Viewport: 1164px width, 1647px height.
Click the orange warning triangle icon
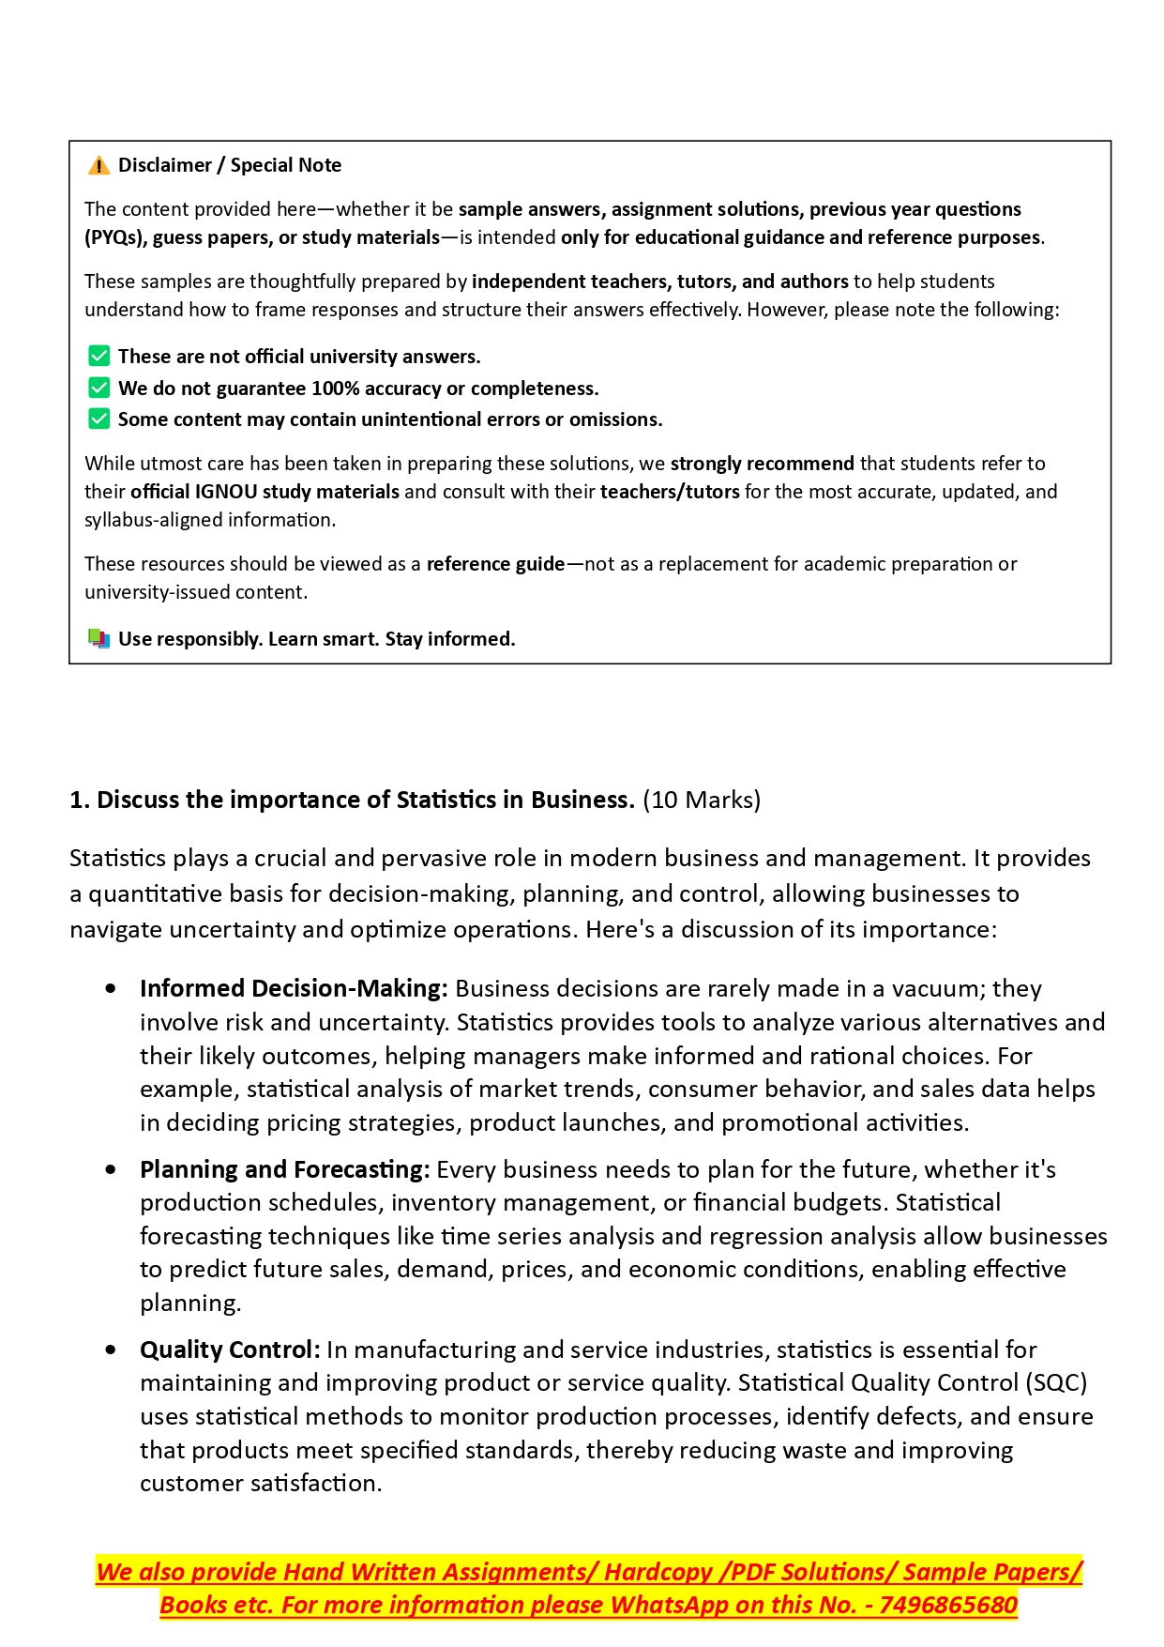[x=98, y=166]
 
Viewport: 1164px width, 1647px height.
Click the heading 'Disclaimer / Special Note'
[x=229, y=165]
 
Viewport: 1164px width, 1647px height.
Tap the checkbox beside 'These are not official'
[x=98, y=356]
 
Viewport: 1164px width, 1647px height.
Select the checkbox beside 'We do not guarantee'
[x=98, y=388]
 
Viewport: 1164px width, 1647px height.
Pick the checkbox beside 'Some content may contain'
[x=98, y=419]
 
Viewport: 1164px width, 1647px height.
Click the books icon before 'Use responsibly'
[x=98, y=639]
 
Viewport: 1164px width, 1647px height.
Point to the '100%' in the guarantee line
[x=335, y=389]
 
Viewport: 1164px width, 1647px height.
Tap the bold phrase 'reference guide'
[x=495, y=564]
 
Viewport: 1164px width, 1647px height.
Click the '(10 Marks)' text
[x=702, y=800]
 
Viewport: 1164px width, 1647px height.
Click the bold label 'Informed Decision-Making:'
[x=294, y=988]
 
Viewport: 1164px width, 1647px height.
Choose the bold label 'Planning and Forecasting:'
[x=284, y=1169]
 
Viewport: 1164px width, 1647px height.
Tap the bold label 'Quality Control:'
[x=230, y=1350]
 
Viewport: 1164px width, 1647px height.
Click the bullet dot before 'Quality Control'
[x=112, y=1350]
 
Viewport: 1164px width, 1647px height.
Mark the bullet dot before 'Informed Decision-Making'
[x=112, y=989]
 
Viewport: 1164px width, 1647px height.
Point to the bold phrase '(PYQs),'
[x=116, y=237]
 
